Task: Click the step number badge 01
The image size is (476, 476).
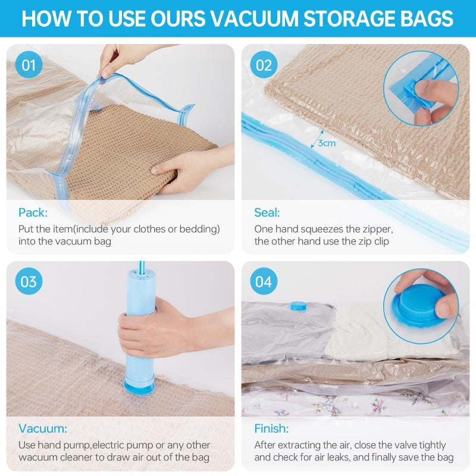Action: [29, 65]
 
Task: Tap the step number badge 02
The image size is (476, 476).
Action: [263, 65]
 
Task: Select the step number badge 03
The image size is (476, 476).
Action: [29, 281]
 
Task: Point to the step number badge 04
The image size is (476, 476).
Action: [263, 281]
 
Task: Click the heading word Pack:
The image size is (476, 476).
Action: [33, 212]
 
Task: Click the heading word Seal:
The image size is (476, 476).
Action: [267, 212]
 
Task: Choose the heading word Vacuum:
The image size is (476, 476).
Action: [42, 429]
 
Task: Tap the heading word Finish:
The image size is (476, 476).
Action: [271, 429]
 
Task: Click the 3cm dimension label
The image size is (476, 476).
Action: [327, 143]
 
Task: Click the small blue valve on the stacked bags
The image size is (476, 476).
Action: [297, 306]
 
